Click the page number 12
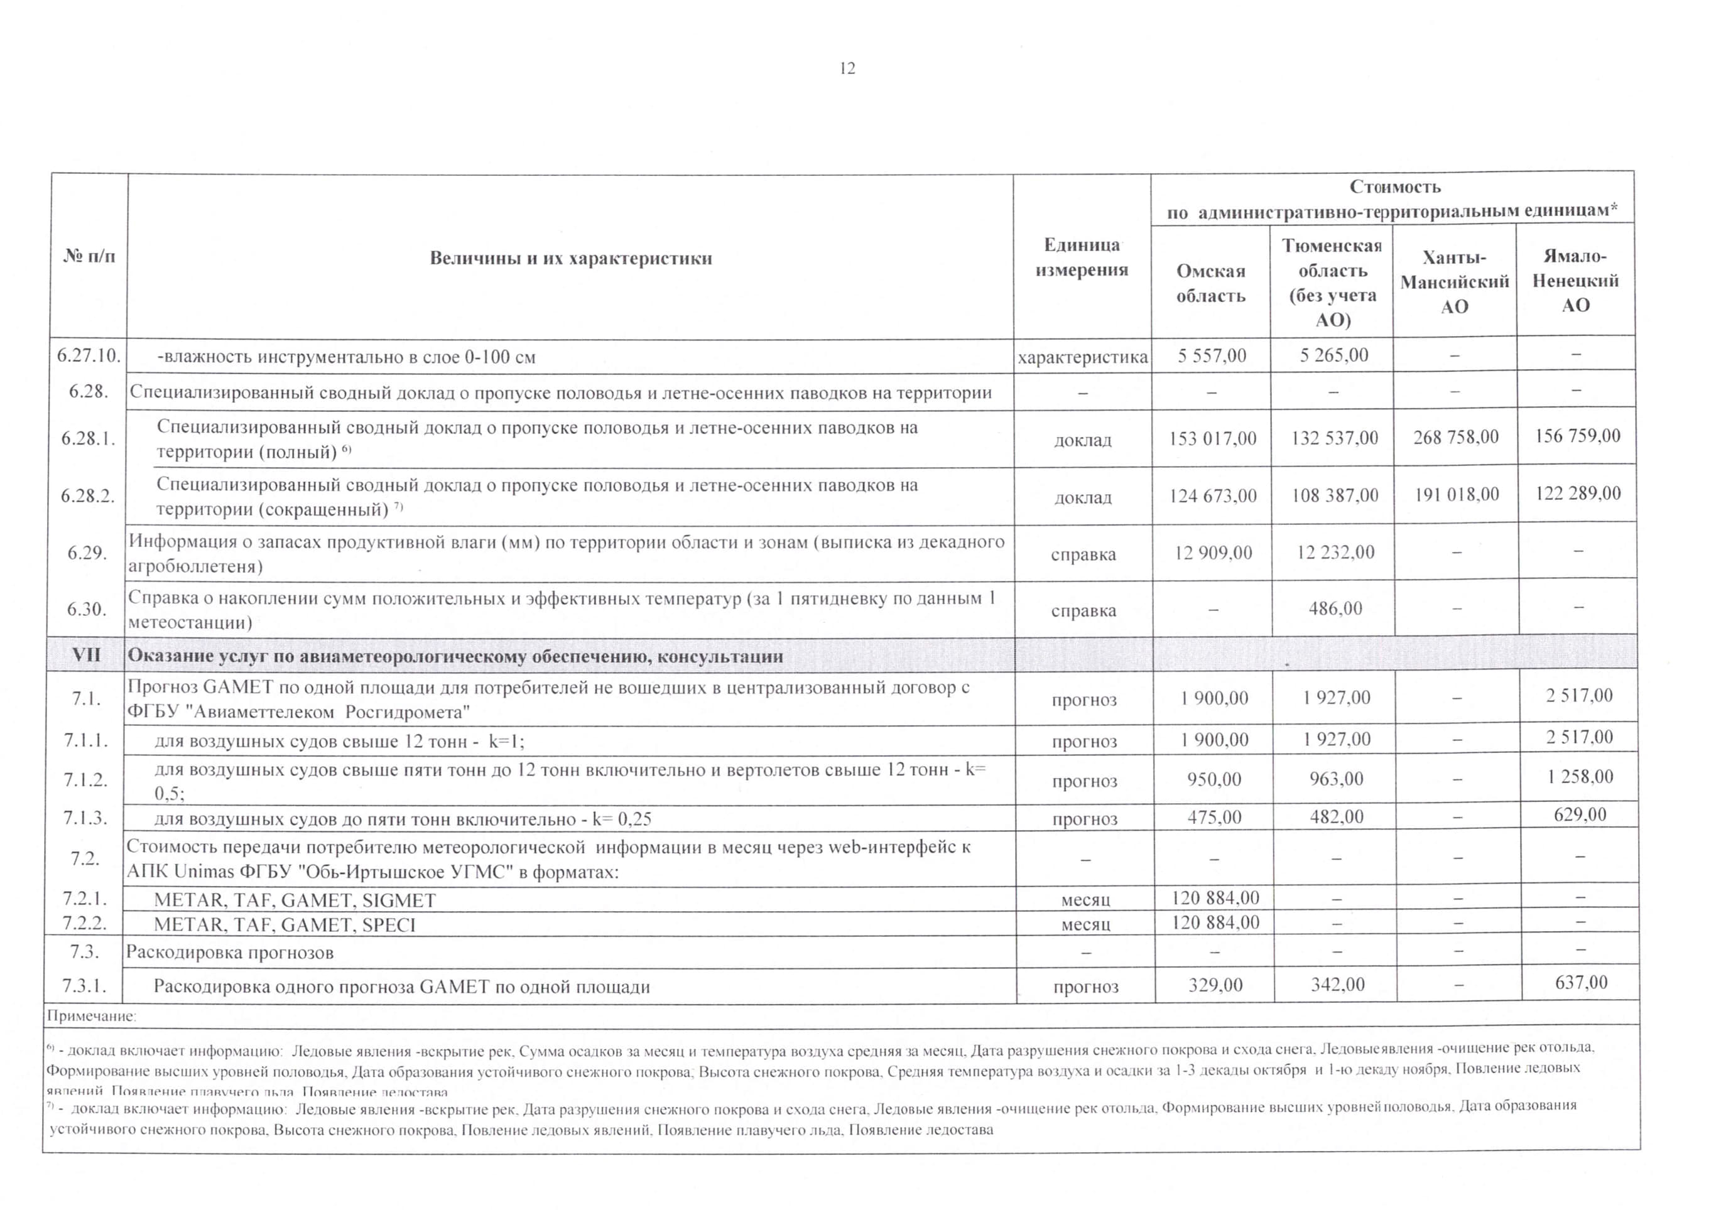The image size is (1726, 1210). [x=847, y=68]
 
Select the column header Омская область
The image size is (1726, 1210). [x=1210, y=283]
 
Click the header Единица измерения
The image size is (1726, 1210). [x=1082, y=257]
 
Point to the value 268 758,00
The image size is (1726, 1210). [x=1455, y=436]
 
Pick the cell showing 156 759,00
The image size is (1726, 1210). [x=1577, y=436]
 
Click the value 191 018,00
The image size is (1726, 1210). [x=1456, y=494]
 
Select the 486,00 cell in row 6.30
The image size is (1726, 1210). [x=1335, y=608]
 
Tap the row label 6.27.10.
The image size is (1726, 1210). [x=89, y=355]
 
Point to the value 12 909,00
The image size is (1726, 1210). [x=1213, y=553]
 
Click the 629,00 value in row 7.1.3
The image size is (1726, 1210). [x=1580, y=814]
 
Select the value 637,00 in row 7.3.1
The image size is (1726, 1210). [x=1581, y=982]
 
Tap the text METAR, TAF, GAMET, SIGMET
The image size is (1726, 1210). [x=295, y=900]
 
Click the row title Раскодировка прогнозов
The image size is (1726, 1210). [x=229, y=952]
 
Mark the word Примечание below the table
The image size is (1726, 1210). [x=91, y=1016]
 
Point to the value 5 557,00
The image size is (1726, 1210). [x=1211, y=355]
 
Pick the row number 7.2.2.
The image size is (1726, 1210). [x=84, y=923]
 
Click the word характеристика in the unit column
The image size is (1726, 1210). [x=1082, y=358]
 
